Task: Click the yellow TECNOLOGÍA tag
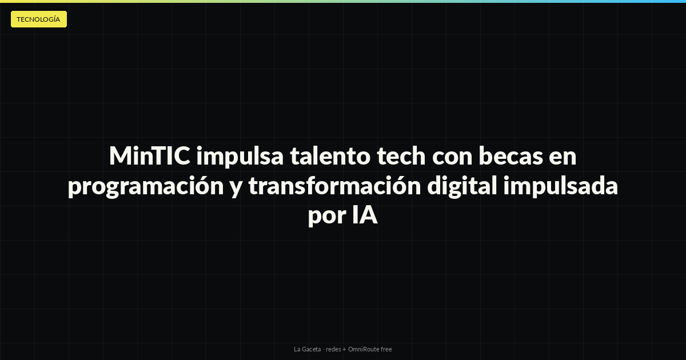[x=39, y=19]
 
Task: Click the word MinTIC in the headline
[x=150, y=156]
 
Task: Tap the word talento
[x=330, y=156]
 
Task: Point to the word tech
[x=401, y=156]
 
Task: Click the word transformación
[x=335, y=186]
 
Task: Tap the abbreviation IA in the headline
[x=365, y=215]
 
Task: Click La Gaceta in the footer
[x=307, y=349]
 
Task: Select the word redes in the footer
[x=333, y=349]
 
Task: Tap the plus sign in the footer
[x=344, y=350]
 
